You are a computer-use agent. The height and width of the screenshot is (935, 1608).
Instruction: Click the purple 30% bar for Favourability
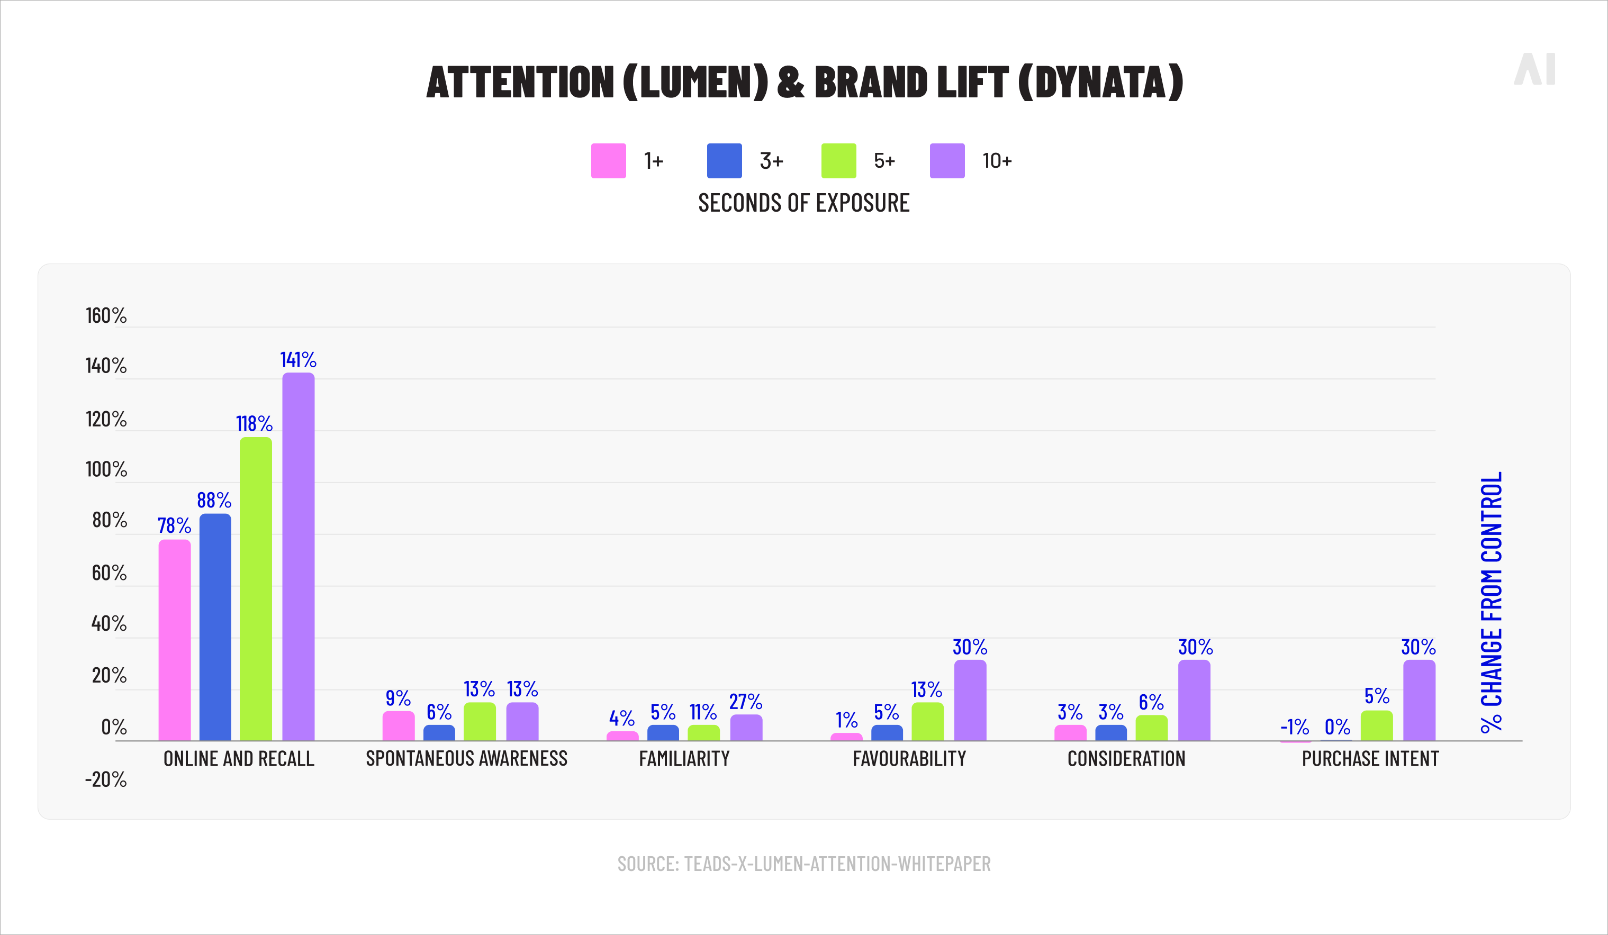point(970,700)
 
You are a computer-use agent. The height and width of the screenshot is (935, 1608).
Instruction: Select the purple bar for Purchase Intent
point(1419,700)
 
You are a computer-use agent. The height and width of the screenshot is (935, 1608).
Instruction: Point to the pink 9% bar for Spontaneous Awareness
point(398,726)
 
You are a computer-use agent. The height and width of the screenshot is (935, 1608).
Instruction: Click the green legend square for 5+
point(838,161)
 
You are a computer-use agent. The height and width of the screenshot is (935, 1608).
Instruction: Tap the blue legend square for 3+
point(724,161)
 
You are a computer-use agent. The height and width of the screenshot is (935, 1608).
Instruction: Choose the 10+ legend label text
point(997,161)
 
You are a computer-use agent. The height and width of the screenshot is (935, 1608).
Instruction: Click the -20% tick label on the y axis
point(106,779)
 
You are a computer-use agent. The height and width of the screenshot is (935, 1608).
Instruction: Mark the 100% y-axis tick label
point(106,469)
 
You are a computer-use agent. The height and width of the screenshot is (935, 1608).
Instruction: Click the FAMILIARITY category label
point(684,758)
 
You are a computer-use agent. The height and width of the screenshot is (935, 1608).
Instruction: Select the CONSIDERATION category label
point(1126,758)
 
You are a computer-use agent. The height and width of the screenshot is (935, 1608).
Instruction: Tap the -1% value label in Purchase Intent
point(1294,727)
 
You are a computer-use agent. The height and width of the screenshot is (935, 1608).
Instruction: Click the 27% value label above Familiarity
point(745,702)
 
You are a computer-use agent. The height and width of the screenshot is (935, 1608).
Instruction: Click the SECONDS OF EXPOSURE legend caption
point(803,203)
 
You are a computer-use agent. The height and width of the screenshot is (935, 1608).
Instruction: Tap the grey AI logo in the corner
point(1534,69)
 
